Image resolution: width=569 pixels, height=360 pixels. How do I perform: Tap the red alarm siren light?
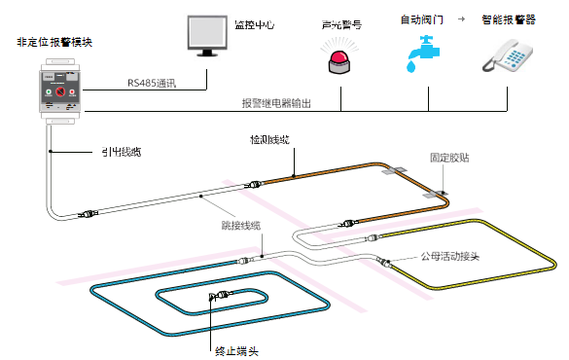(x=339, y=60)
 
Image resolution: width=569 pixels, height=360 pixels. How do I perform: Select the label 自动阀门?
(x=420, y=18)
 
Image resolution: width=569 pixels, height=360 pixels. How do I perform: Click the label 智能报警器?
(x=509, y=18)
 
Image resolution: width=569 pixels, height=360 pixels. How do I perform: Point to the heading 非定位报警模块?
(x=54, y=44)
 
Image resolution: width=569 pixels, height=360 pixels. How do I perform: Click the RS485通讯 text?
(x=152, y=84)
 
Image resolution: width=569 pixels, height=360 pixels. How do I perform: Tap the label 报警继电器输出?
(x=276, y=103)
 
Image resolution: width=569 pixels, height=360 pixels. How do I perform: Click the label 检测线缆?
(x=269, y=141)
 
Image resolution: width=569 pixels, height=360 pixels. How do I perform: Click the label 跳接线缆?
(x=241, y=226)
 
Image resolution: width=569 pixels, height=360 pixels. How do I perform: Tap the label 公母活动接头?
(x=450, y=257)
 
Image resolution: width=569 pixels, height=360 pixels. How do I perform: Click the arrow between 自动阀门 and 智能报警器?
(x=460, y=18)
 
